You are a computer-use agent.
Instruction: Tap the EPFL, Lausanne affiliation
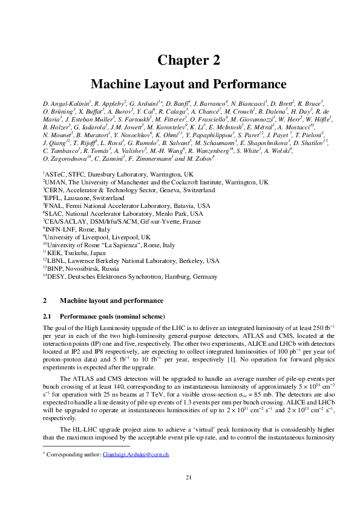coord(83,198)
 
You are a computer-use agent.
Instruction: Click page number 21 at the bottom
coord(188,494)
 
